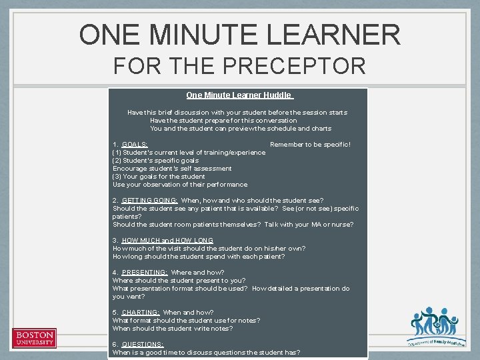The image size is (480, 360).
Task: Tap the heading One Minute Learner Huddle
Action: pos(239,95)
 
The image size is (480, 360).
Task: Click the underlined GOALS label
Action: pos(135,145)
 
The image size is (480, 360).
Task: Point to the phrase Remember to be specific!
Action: pos(310,145)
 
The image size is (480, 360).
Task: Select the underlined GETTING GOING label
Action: pos(150,201)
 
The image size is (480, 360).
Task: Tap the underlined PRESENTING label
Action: pos(145,273)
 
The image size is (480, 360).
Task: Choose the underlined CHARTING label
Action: pos(141,313)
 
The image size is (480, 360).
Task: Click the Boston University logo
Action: pos(35,338)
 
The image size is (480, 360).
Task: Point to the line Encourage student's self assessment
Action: pos(172,169)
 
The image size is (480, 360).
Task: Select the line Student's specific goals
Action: pos(155,161)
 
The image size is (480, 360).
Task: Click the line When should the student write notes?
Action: pos(173,329)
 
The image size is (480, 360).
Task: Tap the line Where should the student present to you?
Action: pos(179,281)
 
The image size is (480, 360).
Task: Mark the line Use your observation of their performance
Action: pos(180,185)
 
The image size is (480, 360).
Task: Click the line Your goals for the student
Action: pos(159,177)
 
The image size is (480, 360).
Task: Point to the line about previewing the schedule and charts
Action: pos(241,129)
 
